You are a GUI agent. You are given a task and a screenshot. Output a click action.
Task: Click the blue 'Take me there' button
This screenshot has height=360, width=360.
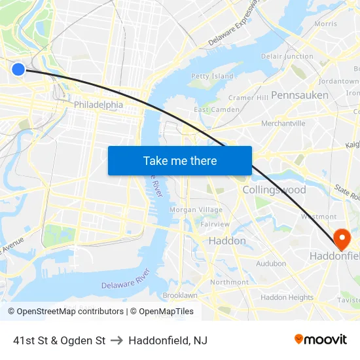180,160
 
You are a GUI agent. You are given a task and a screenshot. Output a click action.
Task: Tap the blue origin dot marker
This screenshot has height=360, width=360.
18,69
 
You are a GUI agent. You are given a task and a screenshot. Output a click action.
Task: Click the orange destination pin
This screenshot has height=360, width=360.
342,237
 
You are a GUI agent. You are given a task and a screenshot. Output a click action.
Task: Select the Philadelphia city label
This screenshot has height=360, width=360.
98,105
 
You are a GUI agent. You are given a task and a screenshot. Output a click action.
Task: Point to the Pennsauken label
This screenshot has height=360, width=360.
300,95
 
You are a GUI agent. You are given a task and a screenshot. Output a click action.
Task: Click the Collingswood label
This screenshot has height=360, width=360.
274,190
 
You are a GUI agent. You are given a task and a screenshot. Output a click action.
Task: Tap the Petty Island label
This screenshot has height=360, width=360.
212,76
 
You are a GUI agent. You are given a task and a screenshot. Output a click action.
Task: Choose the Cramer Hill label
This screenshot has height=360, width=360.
249,98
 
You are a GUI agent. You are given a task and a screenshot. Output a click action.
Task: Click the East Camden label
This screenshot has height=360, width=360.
217,109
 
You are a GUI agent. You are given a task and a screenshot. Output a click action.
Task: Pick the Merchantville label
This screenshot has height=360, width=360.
283,123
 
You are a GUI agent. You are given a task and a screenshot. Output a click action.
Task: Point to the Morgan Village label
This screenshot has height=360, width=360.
196,209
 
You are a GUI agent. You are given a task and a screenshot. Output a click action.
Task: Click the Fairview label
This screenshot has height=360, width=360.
215,224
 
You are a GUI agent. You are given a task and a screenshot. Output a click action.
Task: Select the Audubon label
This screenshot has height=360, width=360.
271,264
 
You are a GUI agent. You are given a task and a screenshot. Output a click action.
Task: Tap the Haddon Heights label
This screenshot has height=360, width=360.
287,297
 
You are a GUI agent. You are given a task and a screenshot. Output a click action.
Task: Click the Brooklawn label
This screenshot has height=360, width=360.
180,295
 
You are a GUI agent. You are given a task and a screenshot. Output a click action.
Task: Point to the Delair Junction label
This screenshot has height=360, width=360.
287,56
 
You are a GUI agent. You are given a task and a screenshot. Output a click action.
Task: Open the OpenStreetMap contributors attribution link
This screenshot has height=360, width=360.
66,312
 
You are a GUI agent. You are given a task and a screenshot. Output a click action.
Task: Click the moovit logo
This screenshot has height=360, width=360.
321,340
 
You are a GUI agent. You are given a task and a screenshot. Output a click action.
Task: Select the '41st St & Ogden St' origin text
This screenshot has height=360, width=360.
60,340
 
